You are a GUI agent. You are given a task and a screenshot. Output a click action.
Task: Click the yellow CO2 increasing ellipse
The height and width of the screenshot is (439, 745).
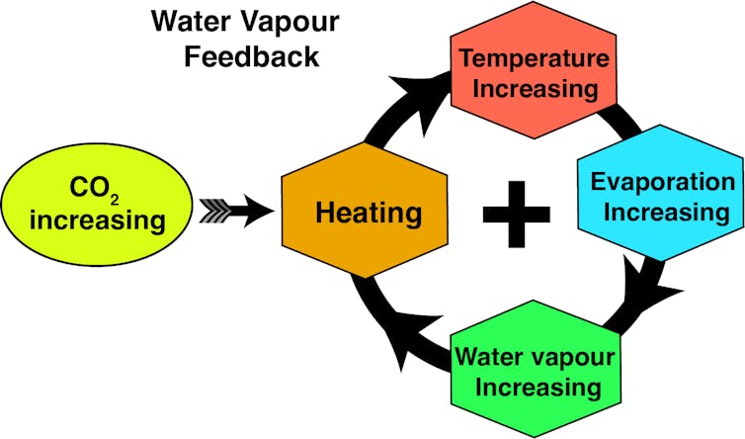coord(97,203)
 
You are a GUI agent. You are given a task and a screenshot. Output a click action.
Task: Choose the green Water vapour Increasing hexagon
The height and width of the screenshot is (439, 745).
coord(535,370)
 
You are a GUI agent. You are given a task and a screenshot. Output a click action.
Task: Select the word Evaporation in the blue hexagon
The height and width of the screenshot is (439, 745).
coord(662,182)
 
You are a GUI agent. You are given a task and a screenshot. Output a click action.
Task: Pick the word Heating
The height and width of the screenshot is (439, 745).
coord(368,213)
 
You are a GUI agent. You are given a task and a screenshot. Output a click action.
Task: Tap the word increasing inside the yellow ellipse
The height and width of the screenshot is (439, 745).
coord(97,219)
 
